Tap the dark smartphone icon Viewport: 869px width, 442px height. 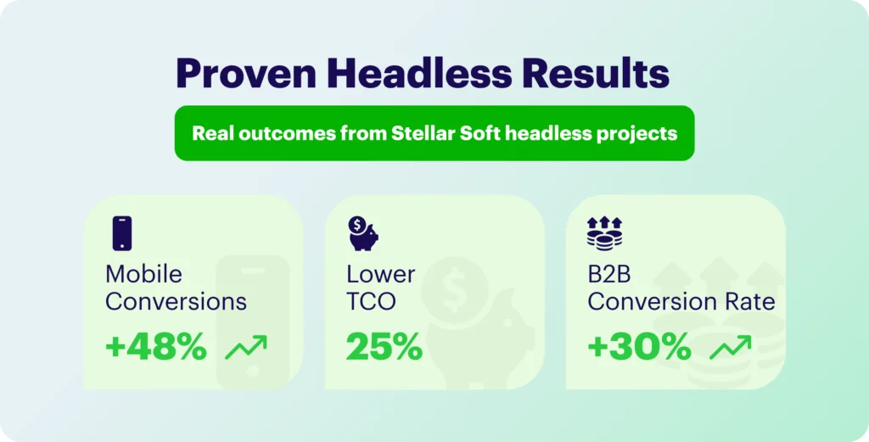pos(122,233)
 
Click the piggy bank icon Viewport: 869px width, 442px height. pos(363,233)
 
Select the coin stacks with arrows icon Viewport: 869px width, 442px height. pos(604,233)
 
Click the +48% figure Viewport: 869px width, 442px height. pos(156,347)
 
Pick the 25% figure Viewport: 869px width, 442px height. pos(384,347)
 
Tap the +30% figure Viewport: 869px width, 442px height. pos(639,347)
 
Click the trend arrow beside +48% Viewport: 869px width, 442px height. pos(246,347)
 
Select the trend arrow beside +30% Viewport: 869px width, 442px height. pos(731,347)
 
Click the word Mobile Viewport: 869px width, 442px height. pos(143,274)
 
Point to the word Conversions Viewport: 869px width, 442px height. pos(177,302)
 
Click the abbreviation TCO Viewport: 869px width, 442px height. pos(372,302)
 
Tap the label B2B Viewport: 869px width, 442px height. pos(609,274)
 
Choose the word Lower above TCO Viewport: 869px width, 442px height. pos(381,274)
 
